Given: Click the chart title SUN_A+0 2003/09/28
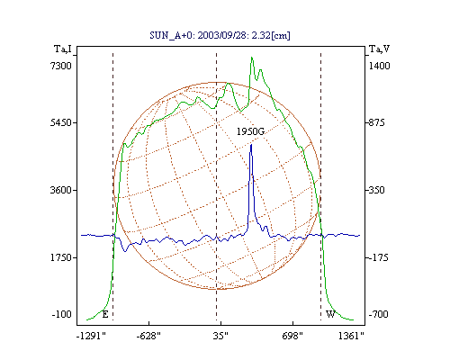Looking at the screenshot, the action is [220, 35].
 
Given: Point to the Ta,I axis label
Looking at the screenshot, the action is [63, 49].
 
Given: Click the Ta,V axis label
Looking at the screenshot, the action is [379, 49].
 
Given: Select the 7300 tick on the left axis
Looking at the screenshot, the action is [61, 66].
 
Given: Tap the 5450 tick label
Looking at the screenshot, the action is [61, 122].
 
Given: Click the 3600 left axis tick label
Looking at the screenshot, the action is [61, 190].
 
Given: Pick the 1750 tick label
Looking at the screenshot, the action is [61, 257].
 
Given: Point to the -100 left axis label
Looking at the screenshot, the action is [62, 314].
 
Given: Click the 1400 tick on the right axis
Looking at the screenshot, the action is [379, 66].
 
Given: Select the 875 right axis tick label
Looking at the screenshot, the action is [376, 122].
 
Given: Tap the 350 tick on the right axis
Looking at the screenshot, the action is [376, 190].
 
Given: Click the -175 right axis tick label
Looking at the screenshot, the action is [378, 257].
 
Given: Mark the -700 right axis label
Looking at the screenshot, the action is [378, 314].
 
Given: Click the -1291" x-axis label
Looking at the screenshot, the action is [92, 336].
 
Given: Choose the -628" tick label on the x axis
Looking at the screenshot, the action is [148, 336].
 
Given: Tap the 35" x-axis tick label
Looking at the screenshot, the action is [220, 336].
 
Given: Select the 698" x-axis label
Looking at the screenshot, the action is [292, 336].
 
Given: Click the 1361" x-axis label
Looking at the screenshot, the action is [351, 336].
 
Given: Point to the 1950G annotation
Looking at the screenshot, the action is [251, 131].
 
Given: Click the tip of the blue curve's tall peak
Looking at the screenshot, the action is [251, 145].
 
